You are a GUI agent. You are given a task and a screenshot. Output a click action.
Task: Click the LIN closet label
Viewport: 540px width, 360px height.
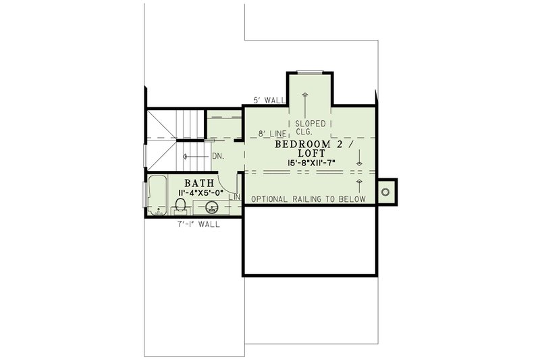point(235,197)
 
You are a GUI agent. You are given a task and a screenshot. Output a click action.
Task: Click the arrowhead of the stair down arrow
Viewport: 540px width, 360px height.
point(184,156)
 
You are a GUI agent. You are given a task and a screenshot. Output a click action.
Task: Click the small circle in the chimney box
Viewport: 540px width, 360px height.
point(386,192)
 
